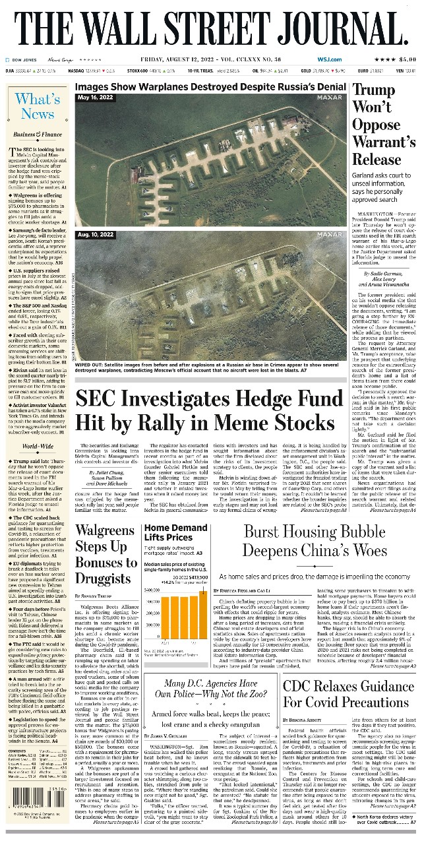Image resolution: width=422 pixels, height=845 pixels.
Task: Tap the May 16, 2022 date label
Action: click(x=96, y=98)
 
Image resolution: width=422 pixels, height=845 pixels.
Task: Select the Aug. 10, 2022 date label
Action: click(x=96, y=235)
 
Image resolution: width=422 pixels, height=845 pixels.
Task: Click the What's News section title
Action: click(x=38, y=106)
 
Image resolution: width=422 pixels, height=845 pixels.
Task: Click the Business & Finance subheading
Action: click(x=38, y=134)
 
